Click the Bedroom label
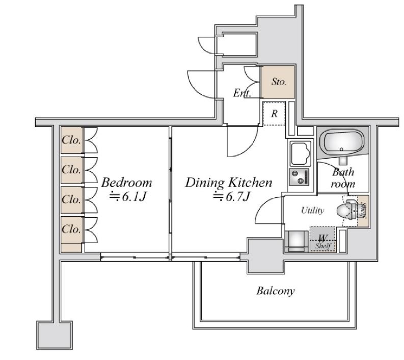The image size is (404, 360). (126, 183)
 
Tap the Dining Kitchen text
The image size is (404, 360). (229, 183)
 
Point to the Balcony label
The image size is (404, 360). (276, 291)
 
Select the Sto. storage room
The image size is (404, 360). (278, 82)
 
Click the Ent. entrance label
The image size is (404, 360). (242, 93)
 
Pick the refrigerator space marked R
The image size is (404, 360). (274, 114)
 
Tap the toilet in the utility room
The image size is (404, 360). (347, 210)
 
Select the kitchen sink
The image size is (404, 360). (300, 153)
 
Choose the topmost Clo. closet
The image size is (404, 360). (72, 140)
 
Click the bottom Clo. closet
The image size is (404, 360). (72, 229)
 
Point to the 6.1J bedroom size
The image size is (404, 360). (128, 197)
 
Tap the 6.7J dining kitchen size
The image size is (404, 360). (231, 197)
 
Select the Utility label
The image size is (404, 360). (312, 210)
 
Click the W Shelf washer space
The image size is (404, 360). (323, 239)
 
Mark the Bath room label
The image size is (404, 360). (343, 178)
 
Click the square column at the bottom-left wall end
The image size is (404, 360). (55, 335)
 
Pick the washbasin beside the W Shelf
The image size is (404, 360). (297, 241)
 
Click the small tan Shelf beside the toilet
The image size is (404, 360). (363, 211)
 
